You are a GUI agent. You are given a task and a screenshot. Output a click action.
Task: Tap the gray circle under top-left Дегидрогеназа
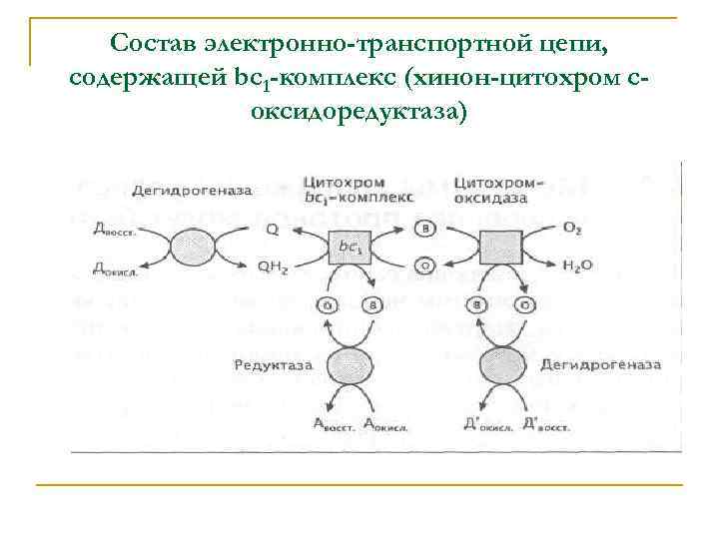(190, 247)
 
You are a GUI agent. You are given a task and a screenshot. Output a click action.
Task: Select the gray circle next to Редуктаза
(349, 365)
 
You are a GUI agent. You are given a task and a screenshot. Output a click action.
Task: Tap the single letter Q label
(273, 229)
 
